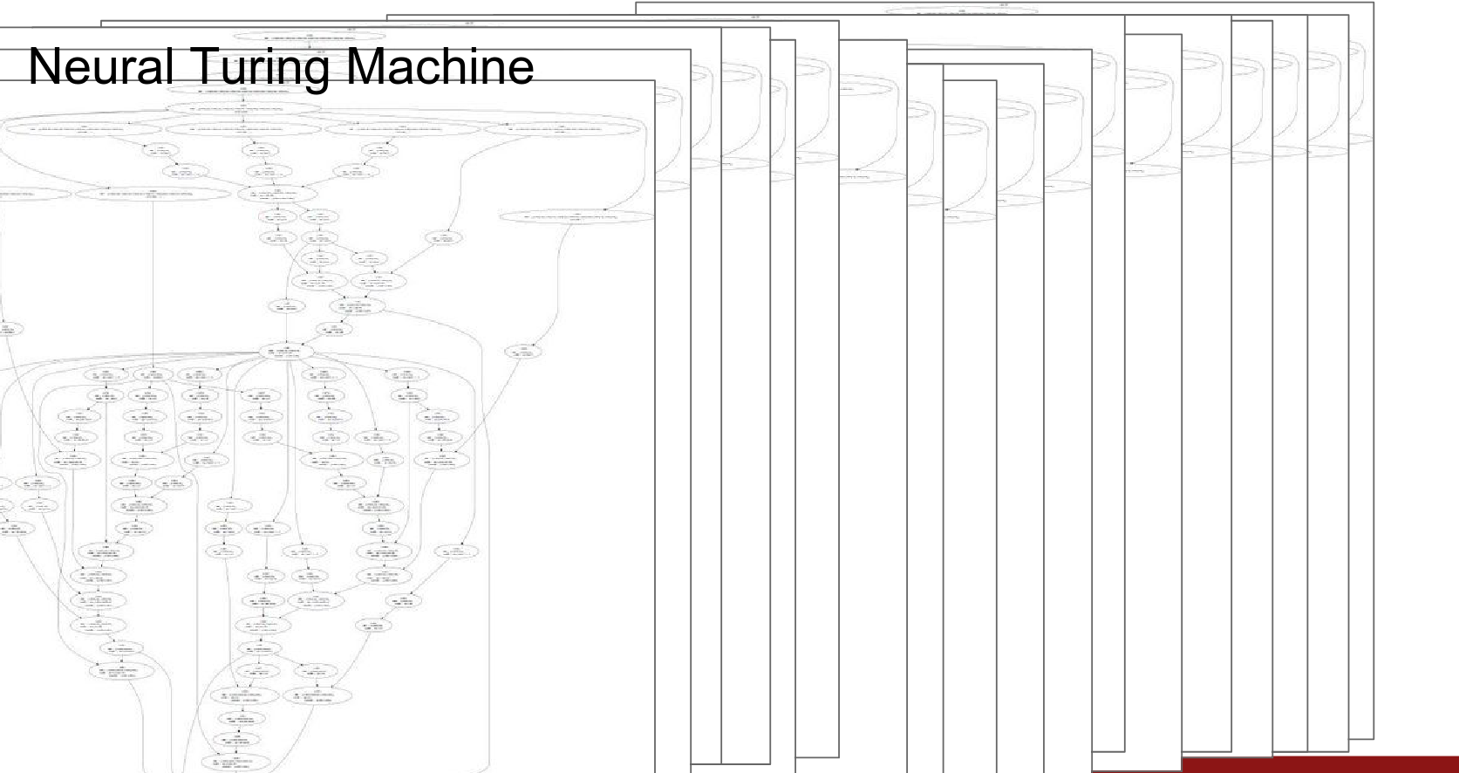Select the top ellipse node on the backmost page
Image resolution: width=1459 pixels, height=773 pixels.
click(961, 11)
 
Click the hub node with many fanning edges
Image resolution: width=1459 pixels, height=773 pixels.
click(288, 352)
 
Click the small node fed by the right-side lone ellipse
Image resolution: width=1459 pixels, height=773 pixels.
click(523, 352)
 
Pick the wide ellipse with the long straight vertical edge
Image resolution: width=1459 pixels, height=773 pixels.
click(153, 194)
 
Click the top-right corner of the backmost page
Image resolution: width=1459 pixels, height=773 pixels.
click(1374, 3)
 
